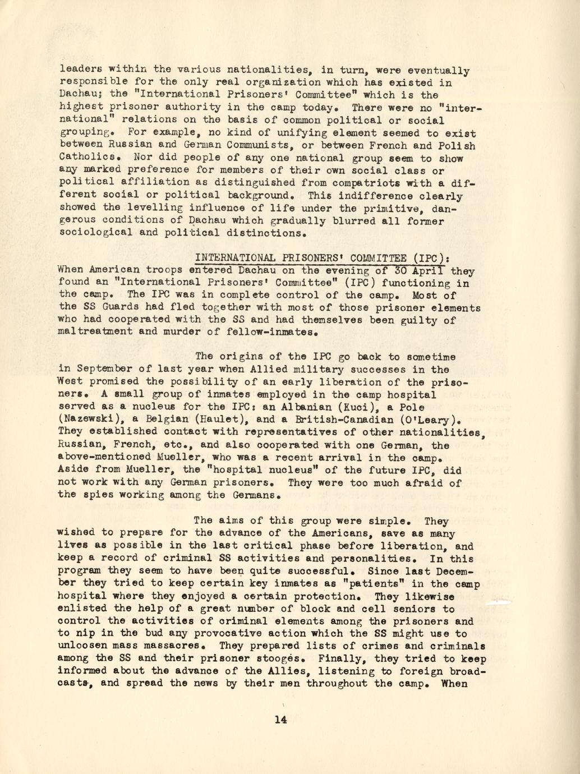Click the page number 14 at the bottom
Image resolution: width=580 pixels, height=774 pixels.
(x=281, y=720)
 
